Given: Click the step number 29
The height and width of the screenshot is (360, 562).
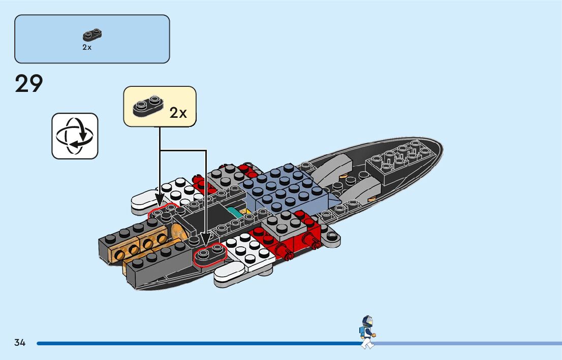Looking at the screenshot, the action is [29, 84].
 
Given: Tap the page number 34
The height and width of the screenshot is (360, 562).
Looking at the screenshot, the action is [20, 343].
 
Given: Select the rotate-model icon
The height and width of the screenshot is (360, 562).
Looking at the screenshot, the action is [75, 136].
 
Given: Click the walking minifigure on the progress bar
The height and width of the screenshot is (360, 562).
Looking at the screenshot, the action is [367, 332].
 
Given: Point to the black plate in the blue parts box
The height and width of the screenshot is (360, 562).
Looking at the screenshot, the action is [92, 35].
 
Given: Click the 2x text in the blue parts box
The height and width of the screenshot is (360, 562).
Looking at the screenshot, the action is [87, 47].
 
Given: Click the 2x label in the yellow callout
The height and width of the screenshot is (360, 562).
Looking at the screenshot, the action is [178, 113].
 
